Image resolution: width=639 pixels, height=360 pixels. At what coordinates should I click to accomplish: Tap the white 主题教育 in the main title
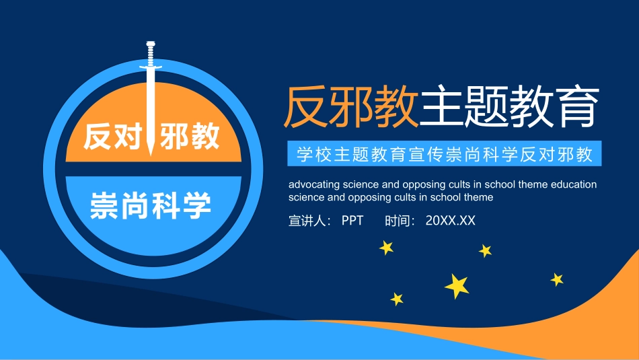[x=508, y=106]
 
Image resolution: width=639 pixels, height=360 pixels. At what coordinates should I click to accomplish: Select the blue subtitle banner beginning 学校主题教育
[x=445, y=154]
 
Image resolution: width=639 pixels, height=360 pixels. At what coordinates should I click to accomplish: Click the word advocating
[x=313, y=184]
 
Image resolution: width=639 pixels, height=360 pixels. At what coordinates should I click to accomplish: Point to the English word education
[x=573, y=184]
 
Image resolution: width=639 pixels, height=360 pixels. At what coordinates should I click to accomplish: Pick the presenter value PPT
[x=352, y=220]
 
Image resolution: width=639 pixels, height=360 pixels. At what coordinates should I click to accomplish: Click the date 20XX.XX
[x=450, y=220]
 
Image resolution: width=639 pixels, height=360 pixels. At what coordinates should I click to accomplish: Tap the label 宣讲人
[x=307, y=220]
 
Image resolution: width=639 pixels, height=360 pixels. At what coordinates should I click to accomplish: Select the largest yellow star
[x=457, y=285]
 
